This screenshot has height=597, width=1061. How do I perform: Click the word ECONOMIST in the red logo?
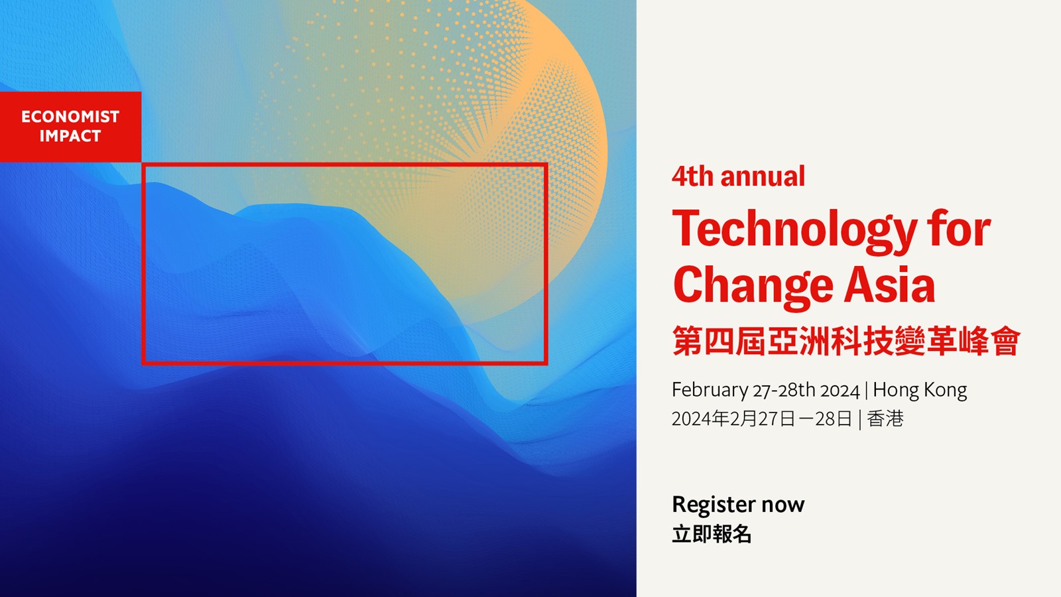click(x=70, y=117)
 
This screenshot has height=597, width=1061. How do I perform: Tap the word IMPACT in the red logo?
click(x=70, y=136)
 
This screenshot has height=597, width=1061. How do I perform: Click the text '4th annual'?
click(x=738, y=176)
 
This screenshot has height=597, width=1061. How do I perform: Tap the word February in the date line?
click(x=710, y=391)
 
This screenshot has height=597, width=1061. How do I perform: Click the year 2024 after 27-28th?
click(x=840, y=391)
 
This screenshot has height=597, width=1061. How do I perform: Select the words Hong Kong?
click(x=920, y=391)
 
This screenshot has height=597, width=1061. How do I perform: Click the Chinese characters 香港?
click(x=885, y=419)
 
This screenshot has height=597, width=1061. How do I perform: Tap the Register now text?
click(x=738, y=505)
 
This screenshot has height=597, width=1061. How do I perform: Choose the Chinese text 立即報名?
click(x=712, y=534)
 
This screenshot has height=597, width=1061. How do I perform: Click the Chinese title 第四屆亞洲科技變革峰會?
click(x=846, y=341)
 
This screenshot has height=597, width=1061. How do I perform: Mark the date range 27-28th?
click(x=784, y=391)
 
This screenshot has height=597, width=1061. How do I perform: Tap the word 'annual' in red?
click(x=763, y=176)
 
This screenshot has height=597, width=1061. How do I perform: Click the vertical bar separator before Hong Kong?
click(x=866, y=391)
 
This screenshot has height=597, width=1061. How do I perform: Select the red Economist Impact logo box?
click(x=70, y=127)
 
